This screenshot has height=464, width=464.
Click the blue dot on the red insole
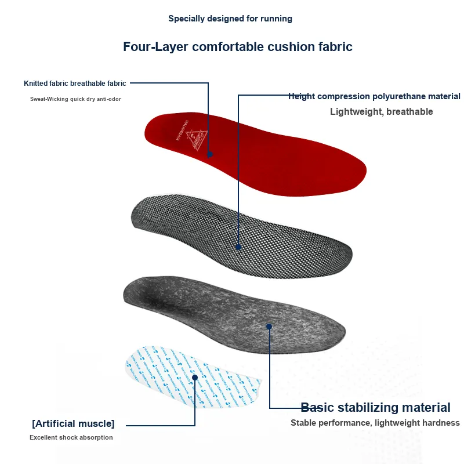(210, 154)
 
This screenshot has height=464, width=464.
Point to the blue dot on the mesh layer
(238, 247)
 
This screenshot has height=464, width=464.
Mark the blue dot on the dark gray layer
(269, 327)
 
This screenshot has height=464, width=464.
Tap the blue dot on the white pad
(195, 377)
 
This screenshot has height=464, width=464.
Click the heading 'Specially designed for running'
(230, 19)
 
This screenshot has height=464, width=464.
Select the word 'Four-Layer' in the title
(155, 46)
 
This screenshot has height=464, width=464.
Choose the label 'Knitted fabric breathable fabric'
(75, 84)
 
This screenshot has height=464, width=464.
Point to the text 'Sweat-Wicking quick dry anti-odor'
(75, 99)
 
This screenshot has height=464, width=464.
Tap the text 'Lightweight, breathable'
(381, 111)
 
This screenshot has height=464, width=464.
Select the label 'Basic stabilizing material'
(375, 407)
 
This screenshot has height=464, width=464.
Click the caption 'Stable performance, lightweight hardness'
(375, 423)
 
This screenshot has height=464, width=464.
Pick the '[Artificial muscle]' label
(73, 423)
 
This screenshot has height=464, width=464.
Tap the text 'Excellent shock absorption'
(71, 437)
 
